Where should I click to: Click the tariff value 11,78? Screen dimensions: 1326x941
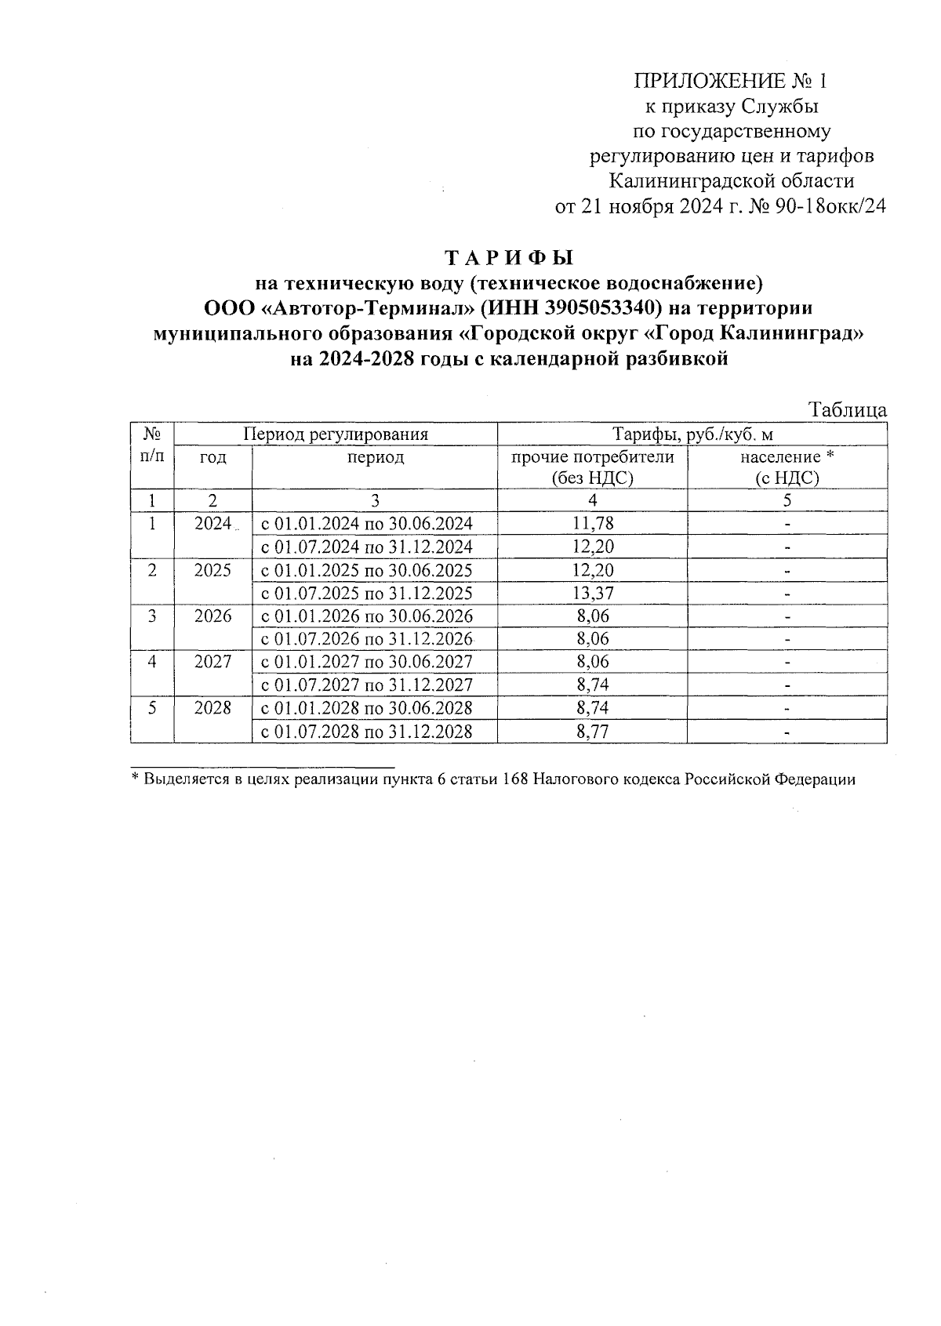(593, 523)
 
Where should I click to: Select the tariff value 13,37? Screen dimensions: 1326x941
(593, 593)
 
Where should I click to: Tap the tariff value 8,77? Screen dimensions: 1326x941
(593, 732)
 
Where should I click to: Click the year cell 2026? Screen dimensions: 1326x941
(213, 616)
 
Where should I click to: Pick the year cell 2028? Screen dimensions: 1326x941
(213, 708)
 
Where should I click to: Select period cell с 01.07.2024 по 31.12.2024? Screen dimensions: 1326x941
(367, 547)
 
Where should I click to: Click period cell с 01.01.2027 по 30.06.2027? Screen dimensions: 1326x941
(367, 662)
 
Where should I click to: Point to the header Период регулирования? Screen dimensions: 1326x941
(336, 434)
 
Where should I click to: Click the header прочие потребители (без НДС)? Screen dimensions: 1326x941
(593, 467)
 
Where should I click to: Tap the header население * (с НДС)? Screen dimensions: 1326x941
(787, 467)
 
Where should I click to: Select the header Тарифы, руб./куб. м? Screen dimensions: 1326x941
(692, 434)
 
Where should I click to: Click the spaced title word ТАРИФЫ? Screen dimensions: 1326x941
(510, 258)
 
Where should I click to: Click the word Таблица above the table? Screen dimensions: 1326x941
(848, 410)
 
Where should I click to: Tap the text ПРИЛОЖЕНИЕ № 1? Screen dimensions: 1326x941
(730, 81)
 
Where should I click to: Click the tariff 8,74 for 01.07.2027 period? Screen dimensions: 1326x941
(593, 685)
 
